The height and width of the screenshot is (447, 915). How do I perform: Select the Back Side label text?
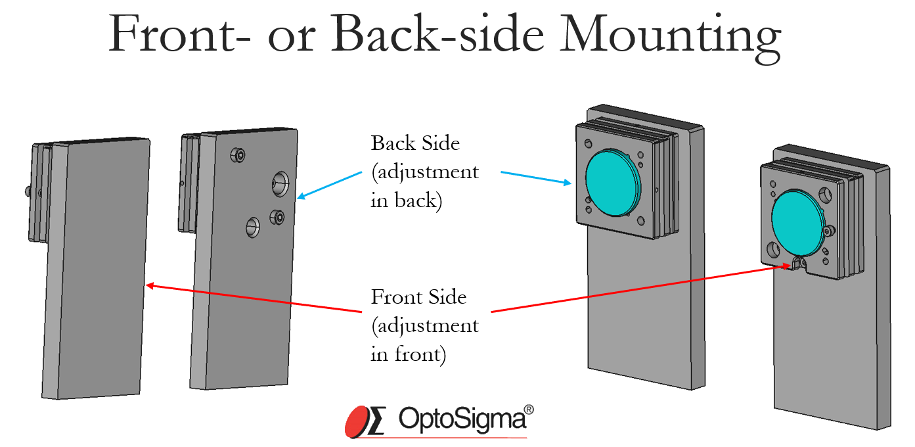coord(416,143)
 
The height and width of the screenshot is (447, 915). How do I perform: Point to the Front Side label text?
coord(419,296)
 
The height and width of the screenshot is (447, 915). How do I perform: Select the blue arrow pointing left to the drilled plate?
coord(329,185)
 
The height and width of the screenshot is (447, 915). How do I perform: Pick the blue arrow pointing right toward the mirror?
coord(536,178)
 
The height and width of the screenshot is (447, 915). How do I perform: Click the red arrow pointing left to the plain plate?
coord(256,298)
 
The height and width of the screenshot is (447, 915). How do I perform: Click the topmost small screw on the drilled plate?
coord(238,155)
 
